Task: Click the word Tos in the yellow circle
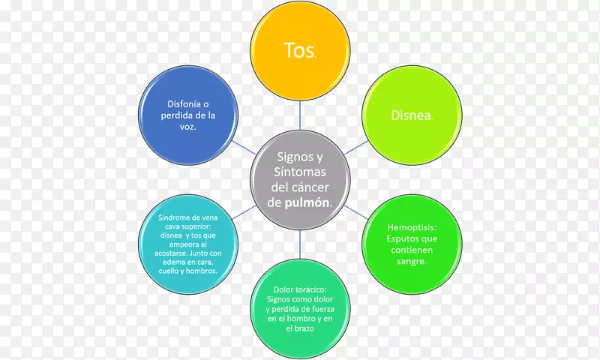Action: (298, 50)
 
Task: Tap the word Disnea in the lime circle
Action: (410, 115)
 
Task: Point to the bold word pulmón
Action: (308, 202)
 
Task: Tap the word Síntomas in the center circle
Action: (299, 172)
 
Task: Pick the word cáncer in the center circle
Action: (310, 187)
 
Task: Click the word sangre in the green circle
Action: (410, 262)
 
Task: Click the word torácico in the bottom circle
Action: (313, 289)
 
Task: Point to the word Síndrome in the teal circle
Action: (172, 217)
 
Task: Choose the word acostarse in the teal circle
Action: (171, 253)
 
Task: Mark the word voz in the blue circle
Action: (187, 127)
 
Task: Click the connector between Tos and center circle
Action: (300, 115)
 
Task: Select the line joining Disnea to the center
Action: (356, 147)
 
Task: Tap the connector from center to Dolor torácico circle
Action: (300, 244)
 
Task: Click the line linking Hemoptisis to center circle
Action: (356, 212)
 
